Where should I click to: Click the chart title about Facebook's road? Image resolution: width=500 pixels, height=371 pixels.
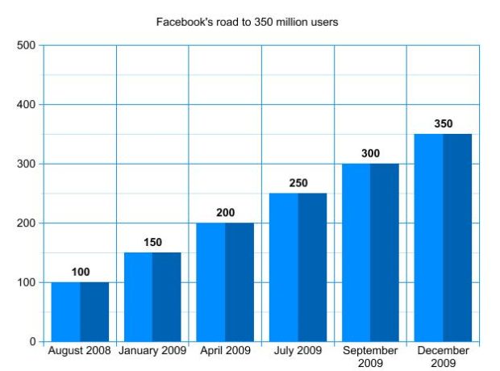coord(247,22)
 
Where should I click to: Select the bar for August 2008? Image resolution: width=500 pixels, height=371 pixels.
coord(80,311)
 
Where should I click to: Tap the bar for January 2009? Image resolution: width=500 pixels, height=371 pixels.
coord(152,297)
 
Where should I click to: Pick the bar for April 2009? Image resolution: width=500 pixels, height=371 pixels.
coord(225,281)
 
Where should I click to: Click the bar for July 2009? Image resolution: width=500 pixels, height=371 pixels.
coord(298,267)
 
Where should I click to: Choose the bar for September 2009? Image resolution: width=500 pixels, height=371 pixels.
coord(370,252)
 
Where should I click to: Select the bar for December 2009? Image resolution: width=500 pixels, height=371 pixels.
coord(443,237)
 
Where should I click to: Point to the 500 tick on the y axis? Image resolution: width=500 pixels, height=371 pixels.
coord(27,45)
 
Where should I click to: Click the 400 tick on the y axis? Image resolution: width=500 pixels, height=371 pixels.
coord(27,105)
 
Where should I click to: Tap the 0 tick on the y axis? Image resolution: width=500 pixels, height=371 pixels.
coord(32,342)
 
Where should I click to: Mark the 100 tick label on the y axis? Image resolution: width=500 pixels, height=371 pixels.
coord(27,282)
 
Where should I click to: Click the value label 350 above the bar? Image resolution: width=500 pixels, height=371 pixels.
coord(443,124)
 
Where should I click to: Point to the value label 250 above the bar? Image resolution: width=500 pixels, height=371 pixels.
coord(298,183)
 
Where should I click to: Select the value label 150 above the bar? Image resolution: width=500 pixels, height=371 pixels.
coord(152,243)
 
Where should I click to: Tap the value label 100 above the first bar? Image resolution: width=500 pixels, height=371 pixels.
coord(80,273)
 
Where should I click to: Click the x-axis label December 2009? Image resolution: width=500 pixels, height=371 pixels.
coord(443,356)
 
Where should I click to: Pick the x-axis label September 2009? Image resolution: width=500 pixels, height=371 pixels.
coord(370,356)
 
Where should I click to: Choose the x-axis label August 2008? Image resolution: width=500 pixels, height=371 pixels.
coord(81,351)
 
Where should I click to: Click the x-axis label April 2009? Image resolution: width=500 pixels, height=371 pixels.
coord(225,351)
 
